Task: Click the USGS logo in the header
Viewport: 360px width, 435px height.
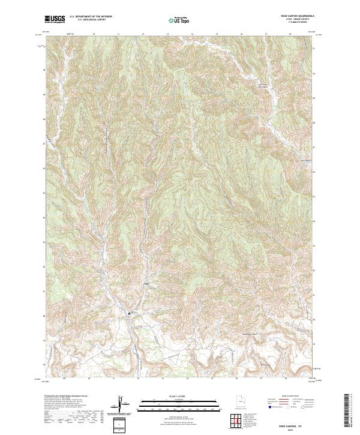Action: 55,19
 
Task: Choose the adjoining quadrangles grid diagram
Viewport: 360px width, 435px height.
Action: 235,422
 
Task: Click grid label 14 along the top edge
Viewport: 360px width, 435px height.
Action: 192,35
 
